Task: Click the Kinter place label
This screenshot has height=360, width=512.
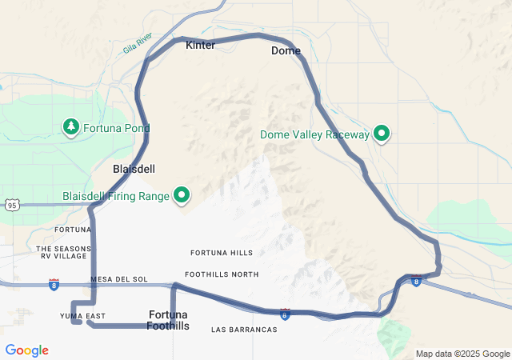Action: point(200,46)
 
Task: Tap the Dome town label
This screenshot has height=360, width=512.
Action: point(286,51)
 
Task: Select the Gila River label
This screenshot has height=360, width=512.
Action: point(138,43)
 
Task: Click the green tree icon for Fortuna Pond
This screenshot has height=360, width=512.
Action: point(71,127)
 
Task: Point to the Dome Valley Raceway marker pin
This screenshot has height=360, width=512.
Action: point(382,134)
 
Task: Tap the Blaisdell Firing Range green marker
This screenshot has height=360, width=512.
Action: point(182,194)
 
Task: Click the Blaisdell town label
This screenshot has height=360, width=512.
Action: point(134,170)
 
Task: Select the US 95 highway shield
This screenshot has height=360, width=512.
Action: point(11,206)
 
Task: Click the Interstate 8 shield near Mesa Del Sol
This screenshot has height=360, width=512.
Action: point(54,284)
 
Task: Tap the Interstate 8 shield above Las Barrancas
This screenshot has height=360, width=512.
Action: point(285,314)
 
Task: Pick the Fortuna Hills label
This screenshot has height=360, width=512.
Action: point(222,253)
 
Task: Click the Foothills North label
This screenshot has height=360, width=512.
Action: point(222,274)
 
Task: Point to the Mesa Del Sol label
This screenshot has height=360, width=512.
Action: point(119,279)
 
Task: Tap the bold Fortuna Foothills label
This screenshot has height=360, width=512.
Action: point(168,319)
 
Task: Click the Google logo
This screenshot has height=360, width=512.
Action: point(26,350)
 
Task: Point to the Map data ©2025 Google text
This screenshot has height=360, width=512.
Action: point(462,354)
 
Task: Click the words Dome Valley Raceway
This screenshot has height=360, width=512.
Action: point(314,134)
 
